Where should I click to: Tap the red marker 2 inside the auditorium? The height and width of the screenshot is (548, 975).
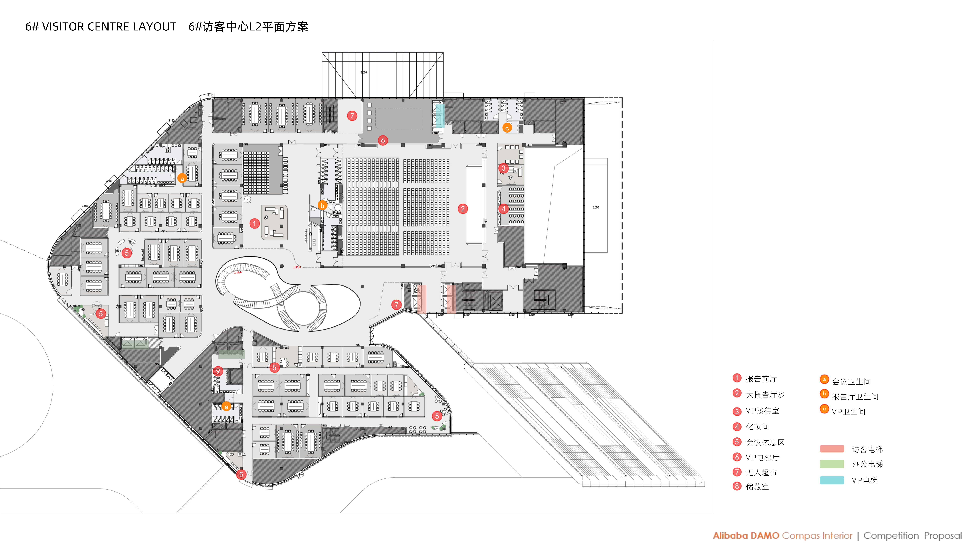[x=462, y=209]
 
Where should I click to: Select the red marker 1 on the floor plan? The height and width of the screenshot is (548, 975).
[x=254, y=223]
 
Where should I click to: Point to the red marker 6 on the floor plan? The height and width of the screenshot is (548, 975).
[x=383, y=140]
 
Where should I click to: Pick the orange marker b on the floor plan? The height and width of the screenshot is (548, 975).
[x=322, y=205]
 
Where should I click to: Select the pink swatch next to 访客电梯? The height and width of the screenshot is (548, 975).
[x=832, y=449]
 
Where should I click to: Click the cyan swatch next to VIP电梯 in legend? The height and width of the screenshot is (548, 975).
[x=832, y=480]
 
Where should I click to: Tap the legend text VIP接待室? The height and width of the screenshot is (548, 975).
[x=762, y=411]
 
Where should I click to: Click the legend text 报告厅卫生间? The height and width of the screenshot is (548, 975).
[x=855, y=396]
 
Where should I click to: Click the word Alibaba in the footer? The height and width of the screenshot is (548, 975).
[x=730, y=535]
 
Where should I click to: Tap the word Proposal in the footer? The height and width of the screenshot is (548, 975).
[x=942, y=535]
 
